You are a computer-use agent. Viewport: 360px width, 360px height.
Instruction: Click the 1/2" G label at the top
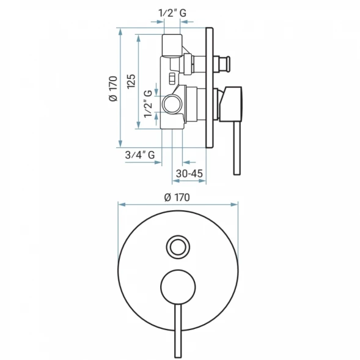(x=172, y=13)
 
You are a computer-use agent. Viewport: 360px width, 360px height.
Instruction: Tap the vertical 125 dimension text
(x=131, y=82)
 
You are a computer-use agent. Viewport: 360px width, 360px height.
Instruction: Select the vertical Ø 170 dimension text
(x=113, y=89)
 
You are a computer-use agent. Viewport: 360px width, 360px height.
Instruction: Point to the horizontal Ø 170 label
(x=177, y=197)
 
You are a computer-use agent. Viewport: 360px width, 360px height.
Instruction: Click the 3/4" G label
(x=140, y=155)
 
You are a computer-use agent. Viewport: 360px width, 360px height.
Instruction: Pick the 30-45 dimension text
(x=189, y=174)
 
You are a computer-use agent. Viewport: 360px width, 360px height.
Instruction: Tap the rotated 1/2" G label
(x=148, y=104)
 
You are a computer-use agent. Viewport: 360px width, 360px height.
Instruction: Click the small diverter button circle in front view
(x=178, y=247)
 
